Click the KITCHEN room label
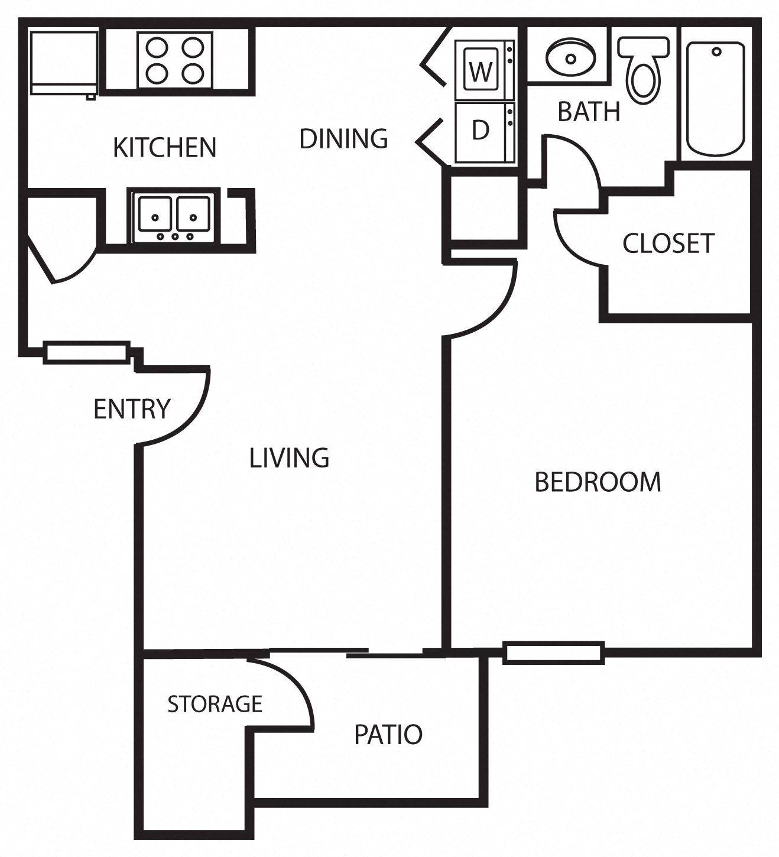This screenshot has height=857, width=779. [x=164, y=147]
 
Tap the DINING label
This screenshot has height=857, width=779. [x=343, y=138]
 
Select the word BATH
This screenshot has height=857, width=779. [x=589, y=112]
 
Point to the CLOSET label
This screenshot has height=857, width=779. [x=668, y=244]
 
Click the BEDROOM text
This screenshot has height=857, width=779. [x=598, y=482]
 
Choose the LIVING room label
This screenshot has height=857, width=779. [x=289, y=458]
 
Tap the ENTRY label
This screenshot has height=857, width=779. [x=132, y=409]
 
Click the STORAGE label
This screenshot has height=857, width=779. [x=215, y=704]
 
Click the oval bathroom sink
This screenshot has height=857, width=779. [x=570, y=58]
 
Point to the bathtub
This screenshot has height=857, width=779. [x=715, y=98]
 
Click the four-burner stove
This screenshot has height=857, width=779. [x=174, y=59]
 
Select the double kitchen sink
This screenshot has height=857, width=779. [x=174, y=216]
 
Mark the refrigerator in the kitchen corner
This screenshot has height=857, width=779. [x=64, y=63]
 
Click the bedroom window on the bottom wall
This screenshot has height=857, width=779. [x=553, y=653]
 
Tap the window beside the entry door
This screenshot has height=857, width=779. [x=87, y=353]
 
